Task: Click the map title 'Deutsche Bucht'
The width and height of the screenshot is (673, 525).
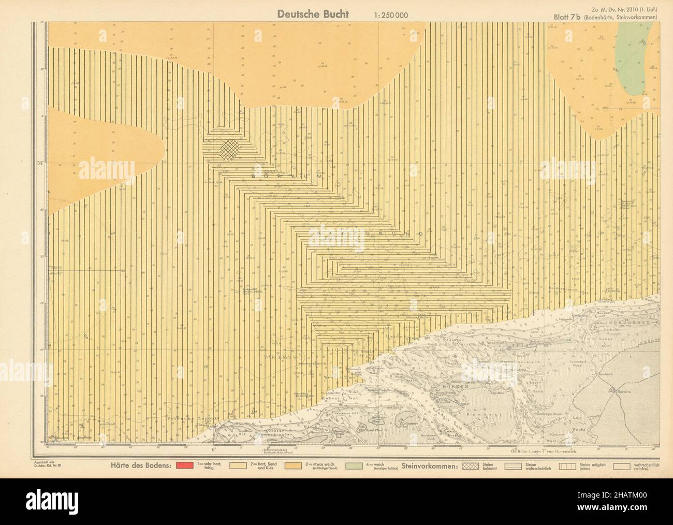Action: coord(313,14)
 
